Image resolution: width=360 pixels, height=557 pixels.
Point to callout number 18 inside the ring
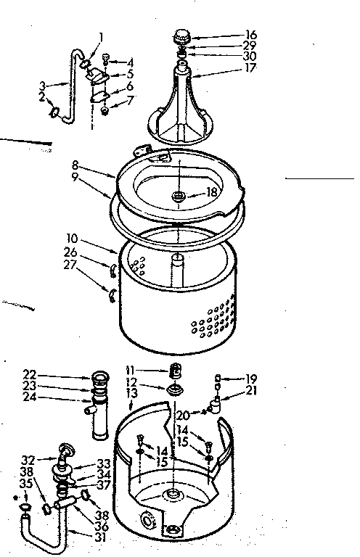[x=210, y=192]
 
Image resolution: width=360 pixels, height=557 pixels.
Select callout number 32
[x=29, y=459]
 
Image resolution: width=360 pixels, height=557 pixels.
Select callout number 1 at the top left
[x=101, y=36]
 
